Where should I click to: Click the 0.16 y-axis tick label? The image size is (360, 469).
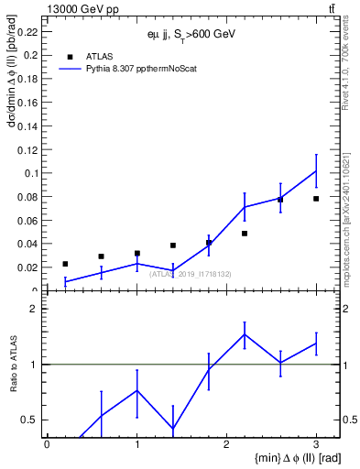[x=27, y=102]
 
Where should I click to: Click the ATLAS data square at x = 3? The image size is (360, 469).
[x=316, y=199]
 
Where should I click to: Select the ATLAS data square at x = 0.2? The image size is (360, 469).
[x=65, y=264]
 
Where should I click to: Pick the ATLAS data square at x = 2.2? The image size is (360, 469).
[x=245, y=234]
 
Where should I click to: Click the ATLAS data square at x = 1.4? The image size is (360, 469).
[x=172, y=245]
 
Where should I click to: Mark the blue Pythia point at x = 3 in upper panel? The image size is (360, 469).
[x=316, y=170]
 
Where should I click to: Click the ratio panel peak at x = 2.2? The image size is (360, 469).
[x=245, y=334]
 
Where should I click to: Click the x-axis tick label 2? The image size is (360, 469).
[x=226, y=444]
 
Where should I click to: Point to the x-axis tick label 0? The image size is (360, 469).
[x=47, y=444]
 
